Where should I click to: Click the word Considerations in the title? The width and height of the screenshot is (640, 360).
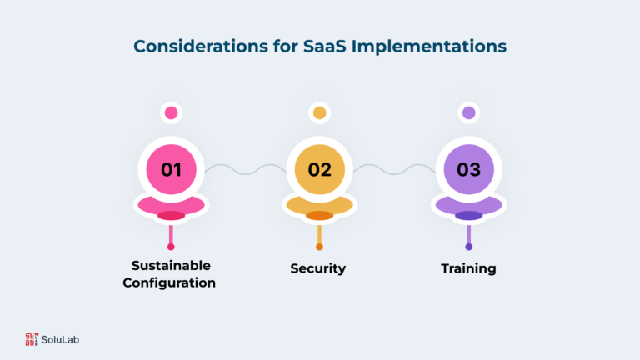201,46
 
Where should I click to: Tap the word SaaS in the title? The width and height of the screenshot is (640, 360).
324,46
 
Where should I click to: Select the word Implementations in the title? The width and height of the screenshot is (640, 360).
429,47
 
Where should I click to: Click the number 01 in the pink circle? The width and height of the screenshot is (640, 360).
171,170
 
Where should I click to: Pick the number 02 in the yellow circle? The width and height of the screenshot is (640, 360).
320,170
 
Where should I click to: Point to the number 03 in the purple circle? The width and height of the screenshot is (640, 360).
468,170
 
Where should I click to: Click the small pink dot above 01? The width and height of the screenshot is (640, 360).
171,112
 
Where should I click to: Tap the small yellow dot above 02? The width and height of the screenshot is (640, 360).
320,112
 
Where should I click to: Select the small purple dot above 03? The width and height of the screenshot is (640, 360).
468,112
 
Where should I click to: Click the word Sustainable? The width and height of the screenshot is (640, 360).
171,266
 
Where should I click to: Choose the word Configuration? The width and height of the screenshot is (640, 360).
169,282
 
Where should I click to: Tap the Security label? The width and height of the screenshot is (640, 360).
318,268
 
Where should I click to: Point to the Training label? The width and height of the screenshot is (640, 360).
468,268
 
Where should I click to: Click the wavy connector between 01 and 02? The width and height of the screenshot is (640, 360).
245,169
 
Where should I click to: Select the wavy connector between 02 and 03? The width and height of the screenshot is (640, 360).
394,169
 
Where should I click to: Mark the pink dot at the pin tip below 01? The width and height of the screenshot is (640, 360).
171,247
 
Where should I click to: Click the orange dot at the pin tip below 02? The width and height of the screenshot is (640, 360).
320,247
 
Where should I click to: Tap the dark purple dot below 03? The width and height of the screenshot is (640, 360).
468,247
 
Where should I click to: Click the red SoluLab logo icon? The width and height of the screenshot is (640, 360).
32,339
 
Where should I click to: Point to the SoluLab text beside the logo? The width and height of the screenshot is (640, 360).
60,340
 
